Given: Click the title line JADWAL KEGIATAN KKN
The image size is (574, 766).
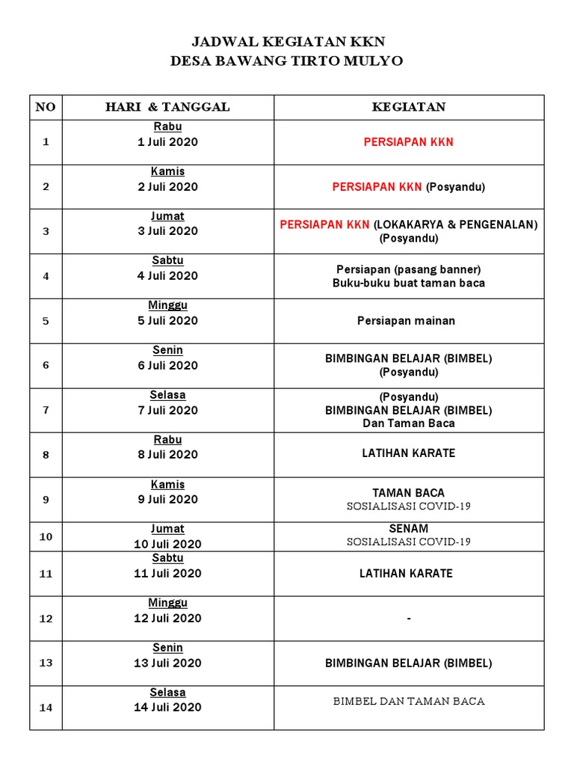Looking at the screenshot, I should (x=287, y=42).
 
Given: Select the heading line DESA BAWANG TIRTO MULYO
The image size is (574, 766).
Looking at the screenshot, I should (x=287, y=61).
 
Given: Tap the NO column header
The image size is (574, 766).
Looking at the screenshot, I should (x=46, y=107).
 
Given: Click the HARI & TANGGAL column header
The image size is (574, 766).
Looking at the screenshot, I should (x=167, y=107).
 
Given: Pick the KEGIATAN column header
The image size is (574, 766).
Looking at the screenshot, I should (x=409, y=107).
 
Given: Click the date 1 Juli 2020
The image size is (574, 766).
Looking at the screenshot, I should (x=167, y=141).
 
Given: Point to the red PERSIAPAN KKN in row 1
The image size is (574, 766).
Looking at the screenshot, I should (x=409, y=142).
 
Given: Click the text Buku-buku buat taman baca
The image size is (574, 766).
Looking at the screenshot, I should (x=409, y=283).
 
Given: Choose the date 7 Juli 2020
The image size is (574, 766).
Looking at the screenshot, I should (x=167, y=410).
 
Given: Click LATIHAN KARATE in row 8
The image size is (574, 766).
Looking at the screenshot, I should (x=409, y=453).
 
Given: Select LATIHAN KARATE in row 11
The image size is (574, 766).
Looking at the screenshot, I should (x=409, y=574).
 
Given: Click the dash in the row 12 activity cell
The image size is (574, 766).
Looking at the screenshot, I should (x=409, y=619).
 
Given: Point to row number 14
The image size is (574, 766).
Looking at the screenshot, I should (x=46, y=708).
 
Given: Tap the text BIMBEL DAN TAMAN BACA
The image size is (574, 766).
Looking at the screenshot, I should (x=409, y=701).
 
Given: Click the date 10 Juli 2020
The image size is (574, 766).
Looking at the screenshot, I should (x=167, y=544).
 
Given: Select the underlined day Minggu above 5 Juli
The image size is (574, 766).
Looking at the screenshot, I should (x=167, y=305).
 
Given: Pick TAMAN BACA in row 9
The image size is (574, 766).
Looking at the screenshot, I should (x=409, y=493).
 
